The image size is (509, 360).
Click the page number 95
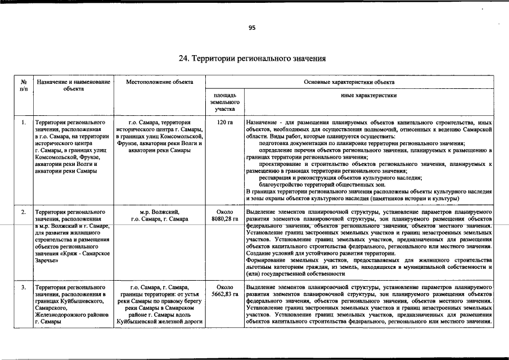tap(252, 28)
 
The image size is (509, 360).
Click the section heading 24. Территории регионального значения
tap(252, 58)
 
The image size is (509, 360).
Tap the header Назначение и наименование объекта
tap(73, 85)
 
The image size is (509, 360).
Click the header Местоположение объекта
tap(160, 82)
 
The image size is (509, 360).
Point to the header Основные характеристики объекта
tap(349, 82)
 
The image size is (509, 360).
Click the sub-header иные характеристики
tap(369, 96)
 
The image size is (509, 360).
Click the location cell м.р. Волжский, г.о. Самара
tap(160, 215)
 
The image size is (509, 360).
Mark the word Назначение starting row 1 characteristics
tap(260, 122)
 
